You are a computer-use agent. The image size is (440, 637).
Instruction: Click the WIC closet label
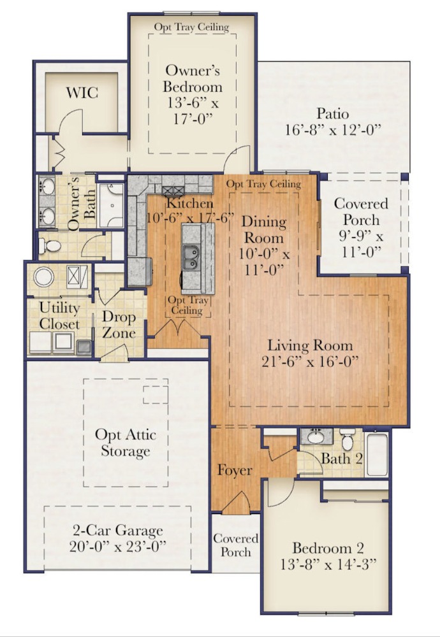82,93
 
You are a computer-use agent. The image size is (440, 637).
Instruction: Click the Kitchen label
189,204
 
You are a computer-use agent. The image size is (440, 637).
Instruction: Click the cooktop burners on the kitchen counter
173,190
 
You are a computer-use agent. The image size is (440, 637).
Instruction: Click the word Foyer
235,471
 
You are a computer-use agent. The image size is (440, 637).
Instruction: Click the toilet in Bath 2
348,440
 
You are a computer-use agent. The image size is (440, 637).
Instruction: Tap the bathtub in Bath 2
377,454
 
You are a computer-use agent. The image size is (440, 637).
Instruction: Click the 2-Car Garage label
117,531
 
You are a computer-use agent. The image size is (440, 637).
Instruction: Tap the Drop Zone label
119,325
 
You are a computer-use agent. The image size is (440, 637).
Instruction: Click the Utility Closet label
59,316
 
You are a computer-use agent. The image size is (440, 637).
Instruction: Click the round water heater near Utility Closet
44,278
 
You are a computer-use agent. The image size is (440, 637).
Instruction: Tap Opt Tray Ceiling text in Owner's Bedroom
191,27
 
